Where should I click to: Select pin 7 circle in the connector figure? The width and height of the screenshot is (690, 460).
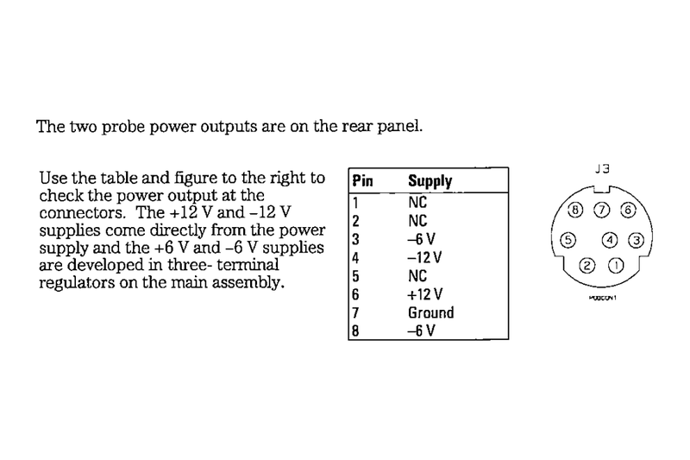[603, 210]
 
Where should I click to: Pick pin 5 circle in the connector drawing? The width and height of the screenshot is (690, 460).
[568, 240]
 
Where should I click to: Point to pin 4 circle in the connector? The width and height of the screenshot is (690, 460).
[610, 240]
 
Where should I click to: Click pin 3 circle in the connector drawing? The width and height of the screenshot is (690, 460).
[635, 240]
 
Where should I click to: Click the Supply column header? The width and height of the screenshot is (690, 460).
[430, 182]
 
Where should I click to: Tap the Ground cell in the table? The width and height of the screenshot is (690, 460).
[430, 312]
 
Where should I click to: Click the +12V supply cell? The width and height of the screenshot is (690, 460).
[424, 293]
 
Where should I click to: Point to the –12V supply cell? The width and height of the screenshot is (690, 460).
[424, 256]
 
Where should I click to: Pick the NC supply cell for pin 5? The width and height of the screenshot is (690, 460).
[417, 275]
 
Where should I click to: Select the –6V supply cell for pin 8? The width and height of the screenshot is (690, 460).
[421, 331]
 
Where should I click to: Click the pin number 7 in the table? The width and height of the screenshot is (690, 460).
[355, 312]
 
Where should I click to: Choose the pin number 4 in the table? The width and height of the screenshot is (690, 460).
[355, 256]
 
